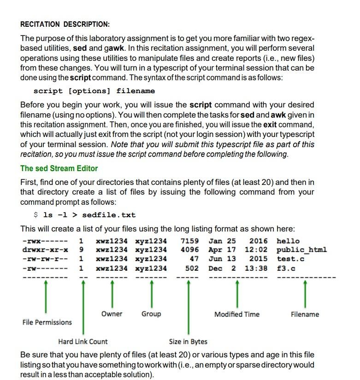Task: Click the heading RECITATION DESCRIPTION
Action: click(65, 24)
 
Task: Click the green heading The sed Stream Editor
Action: click(59, 168)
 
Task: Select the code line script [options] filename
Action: click(94, 91)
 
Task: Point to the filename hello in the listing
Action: click(288, 241)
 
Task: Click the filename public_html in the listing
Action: click(302, 250)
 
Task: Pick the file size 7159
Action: click(190, 241)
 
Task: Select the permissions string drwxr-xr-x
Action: click(45, 250)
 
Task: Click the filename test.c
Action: click(290, 259)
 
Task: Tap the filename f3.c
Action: click(286, 268)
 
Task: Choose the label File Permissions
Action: click(47, 322)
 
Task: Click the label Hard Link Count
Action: click(83, 342)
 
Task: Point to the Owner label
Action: click(112, 314)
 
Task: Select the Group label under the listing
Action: click(151, 314)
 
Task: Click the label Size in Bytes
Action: click(188, 342)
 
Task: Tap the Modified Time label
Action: click(237, 315)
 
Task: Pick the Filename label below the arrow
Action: click(305, 315)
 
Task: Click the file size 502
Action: click(192, 268)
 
